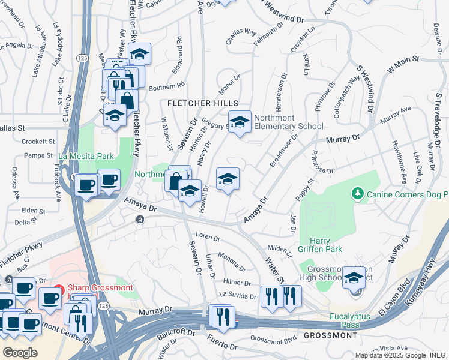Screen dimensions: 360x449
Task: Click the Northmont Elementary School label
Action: (x=288, y=122)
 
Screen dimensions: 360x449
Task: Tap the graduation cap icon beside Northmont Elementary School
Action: (x=240, y=122)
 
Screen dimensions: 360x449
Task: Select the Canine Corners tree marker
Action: (x=358, y=193)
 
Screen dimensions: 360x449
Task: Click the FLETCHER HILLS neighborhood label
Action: (x=202, y=103)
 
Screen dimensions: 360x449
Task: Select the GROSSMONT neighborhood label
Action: (x=331, y=335)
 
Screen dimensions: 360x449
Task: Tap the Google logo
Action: (x=20, y=353)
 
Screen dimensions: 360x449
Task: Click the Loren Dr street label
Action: (x=208, y=238)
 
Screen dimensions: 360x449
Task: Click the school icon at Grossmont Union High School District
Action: (x=354, y=278)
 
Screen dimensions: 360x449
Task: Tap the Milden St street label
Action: (x=280, y=251)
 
